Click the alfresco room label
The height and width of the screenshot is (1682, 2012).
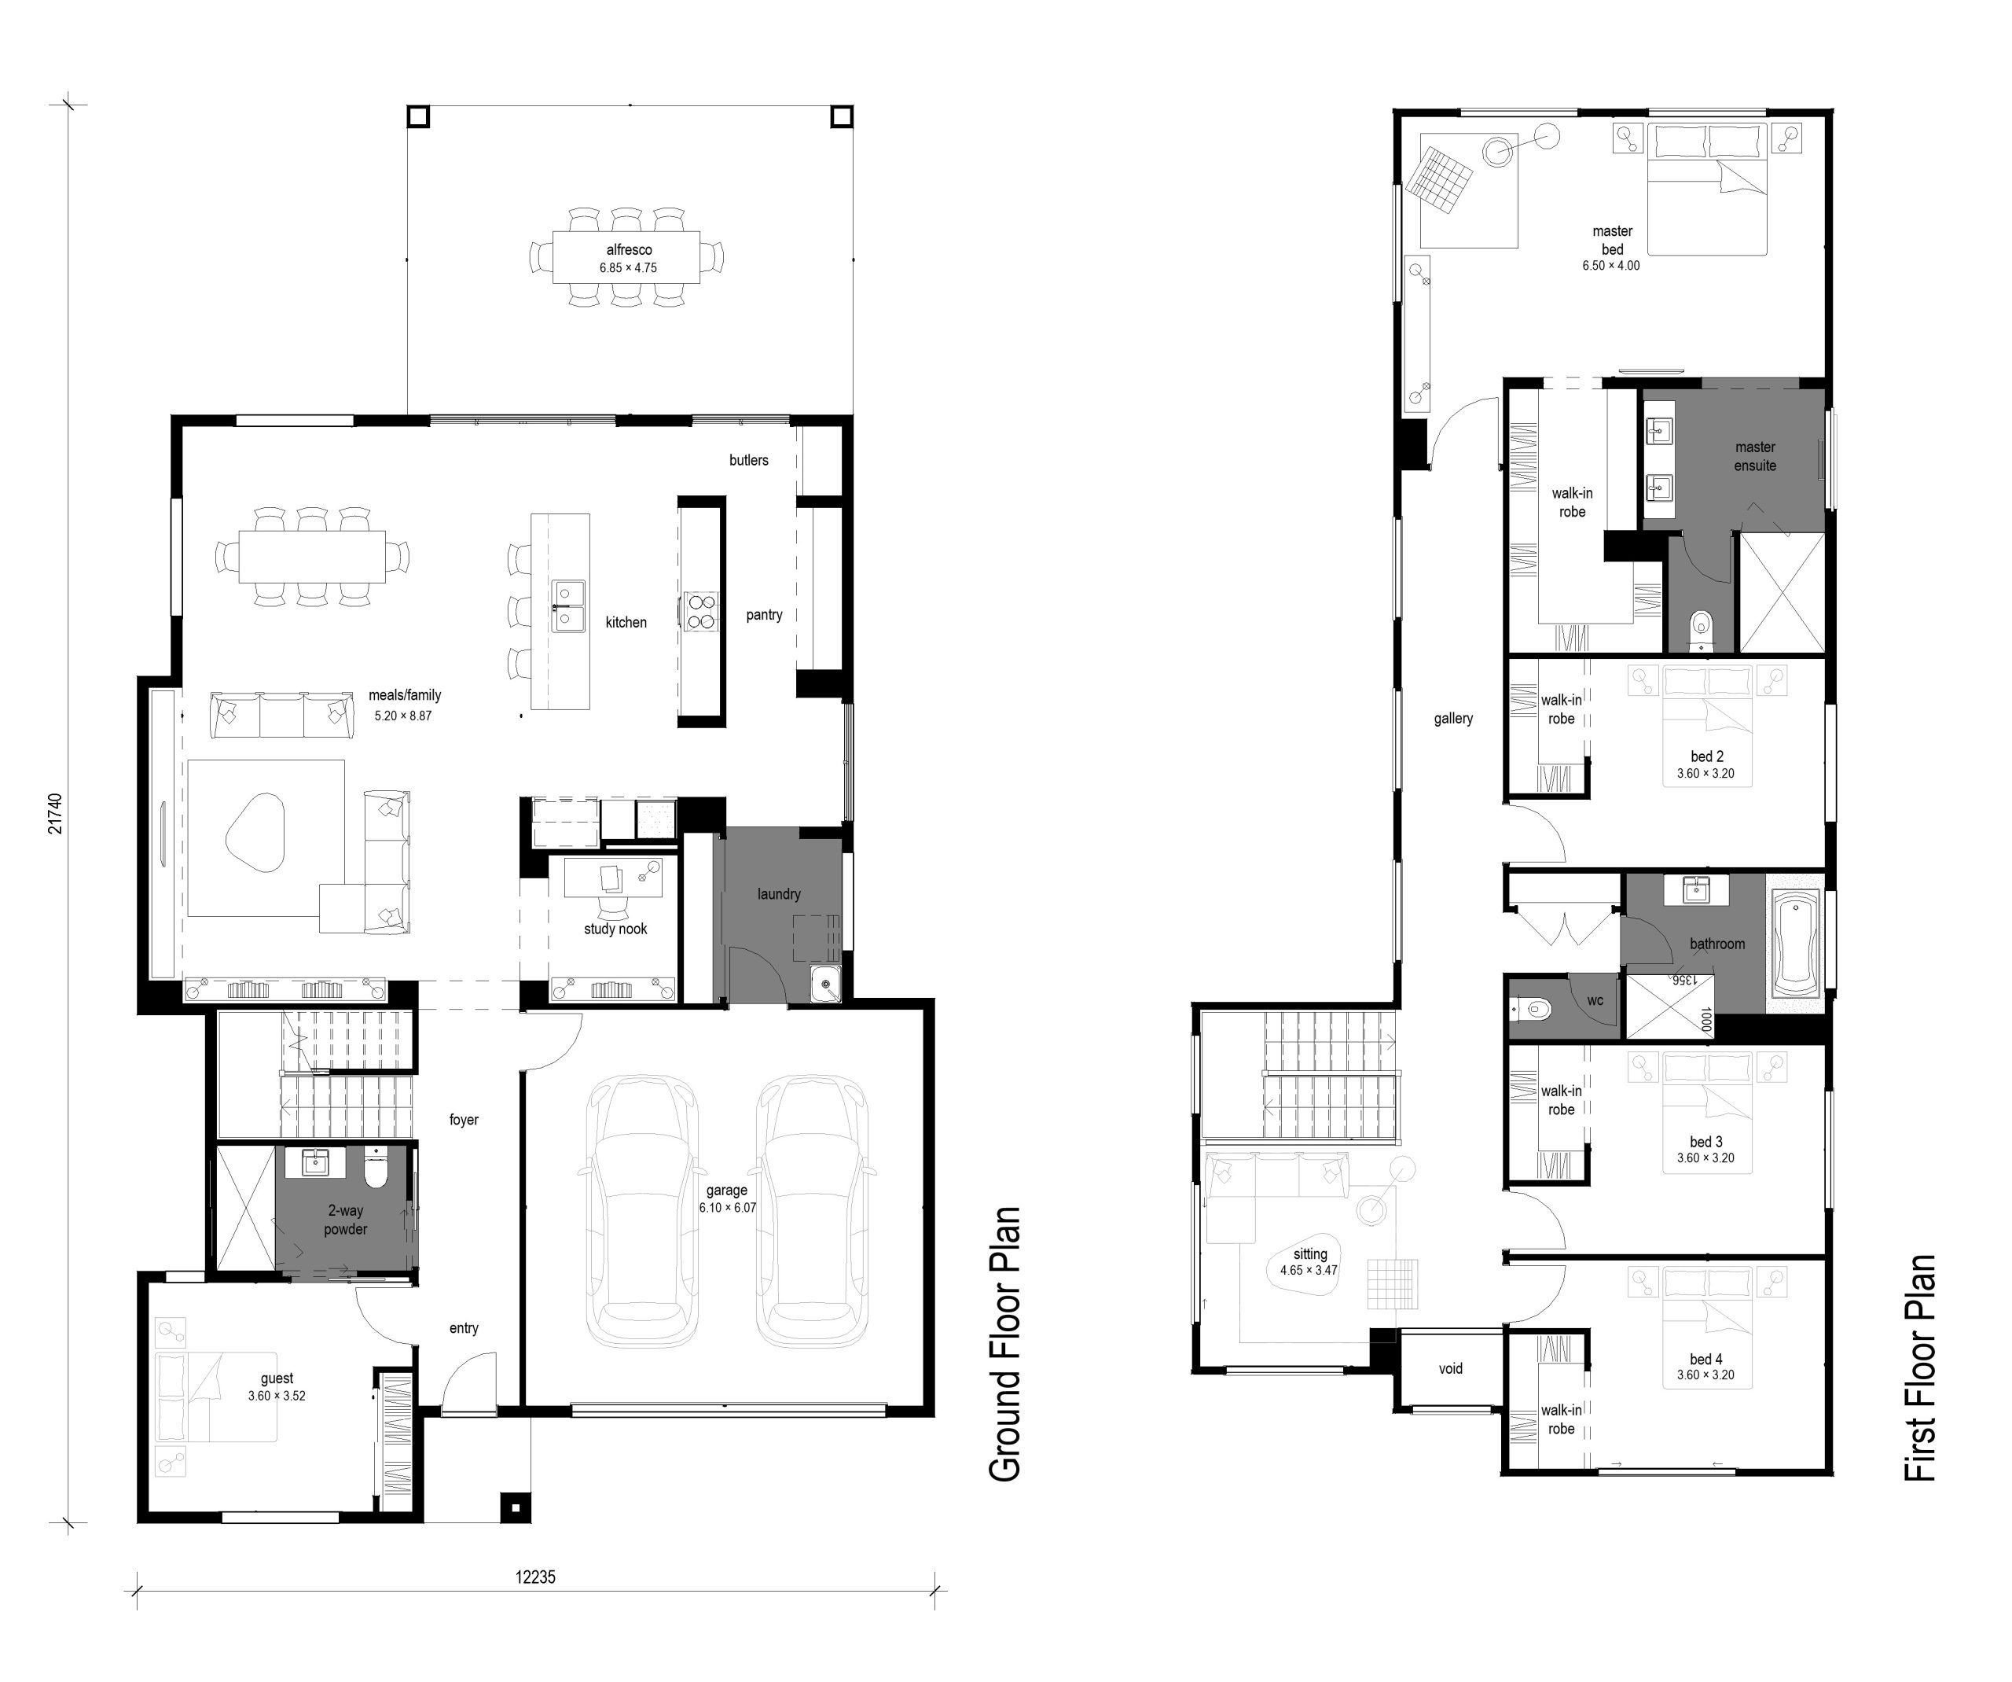pyautogui.click(x=629, y=250)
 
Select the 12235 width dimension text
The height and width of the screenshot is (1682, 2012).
pyautogui.click(x=534, y=1577)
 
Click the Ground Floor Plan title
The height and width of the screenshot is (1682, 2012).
pyautogui.click(x=1004, y=1344)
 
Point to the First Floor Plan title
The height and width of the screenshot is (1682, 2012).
pyautogui.click(x=1920, y=1367)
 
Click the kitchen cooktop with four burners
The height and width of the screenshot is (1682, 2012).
pyautogui.click(x=700, y=612)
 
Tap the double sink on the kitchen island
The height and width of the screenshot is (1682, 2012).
pyautogui.click(x=568, y=605)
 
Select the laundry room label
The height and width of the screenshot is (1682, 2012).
pyautogui.click(x=779, y=894)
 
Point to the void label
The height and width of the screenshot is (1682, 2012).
pyautogui.click(x=1451, y=1368)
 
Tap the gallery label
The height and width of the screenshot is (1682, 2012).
pyautogui.click(x=1453, y=719)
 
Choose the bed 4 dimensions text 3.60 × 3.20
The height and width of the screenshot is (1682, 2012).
pyautogui.click(x=1705, y=1375)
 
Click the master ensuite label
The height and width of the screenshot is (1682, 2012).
pyautogui.click(x=1755, y=456)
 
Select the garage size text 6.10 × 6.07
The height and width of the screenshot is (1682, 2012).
pyautogui.click(x=727, y=1208)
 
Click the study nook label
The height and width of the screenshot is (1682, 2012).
pyautogui.click(x=615, y=929)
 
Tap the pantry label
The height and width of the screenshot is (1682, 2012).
pyautogui.click(x=765, y=615)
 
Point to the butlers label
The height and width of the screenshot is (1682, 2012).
pyautogui.click(x=748, y=460)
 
